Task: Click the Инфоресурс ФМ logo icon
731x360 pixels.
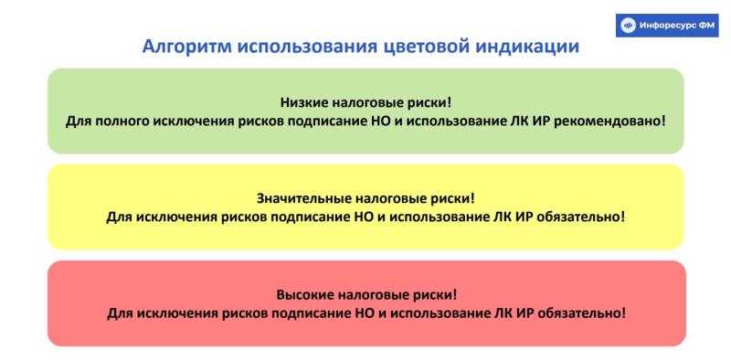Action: tap(628, 25)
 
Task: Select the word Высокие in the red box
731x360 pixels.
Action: tap(302, 296)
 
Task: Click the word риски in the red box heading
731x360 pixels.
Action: tap(435, 296)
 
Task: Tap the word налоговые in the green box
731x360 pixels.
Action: tap(369, 103)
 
